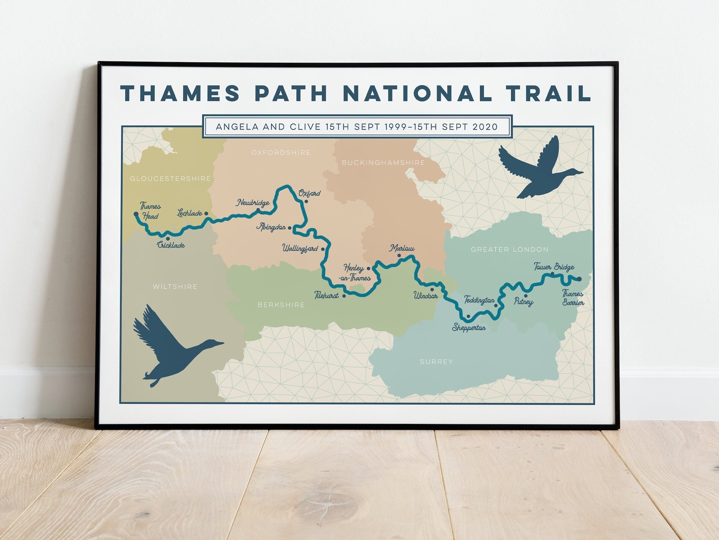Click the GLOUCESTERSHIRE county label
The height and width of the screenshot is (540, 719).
[x=170, y=179]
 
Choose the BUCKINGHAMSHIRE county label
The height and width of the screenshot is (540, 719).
[x=383, y=163]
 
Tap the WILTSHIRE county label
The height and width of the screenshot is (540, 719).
[x=175, y=287]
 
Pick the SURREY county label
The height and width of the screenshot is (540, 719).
[x=436, y=362]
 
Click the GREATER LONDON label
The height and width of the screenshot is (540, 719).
[x=509, y=249]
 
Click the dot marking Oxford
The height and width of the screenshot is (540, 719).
[x=306, y=201]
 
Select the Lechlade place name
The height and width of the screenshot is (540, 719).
[x=189, y=213]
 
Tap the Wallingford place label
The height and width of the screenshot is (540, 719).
[x=300, y=248]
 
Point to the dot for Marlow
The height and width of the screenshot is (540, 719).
[x=399, y=255]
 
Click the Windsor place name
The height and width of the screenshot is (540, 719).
[x=426, y=296]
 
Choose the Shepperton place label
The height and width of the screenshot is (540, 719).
[x=469, y=328]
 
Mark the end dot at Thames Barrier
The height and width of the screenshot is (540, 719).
[x=580, y=279]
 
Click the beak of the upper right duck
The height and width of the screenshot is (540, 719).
[x=581, y=173]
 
